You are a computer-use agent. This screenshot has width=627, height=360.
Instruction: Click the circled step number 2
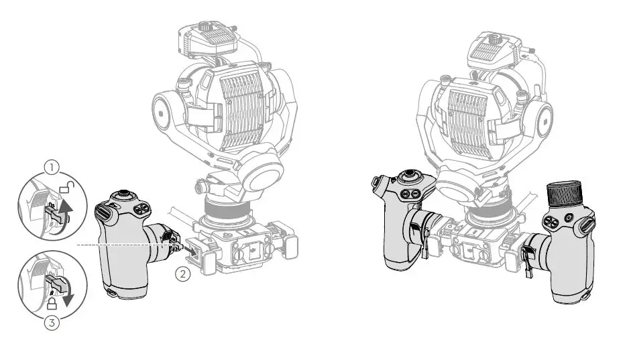183,274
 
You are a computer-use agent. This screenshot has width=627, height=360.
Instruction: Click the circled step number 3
51,323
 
